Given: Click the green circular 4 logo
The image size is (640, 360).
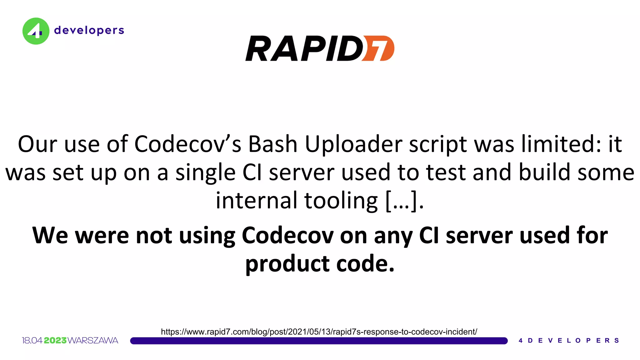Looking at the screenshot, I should [36, 31].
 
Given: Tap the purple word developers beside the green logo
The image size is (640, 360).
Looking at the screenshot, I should [89, 30].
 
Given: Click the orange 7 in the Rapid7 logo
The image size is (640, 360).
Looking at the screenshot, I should [379, 48].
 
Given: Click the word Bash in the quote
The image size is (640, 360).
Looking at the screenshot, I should [272, 144].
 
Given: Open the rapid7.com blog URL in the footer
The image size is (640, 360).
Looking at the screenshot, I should [319, 332].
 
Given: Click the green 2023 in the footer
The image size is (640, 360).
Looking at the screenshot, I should [55, 340].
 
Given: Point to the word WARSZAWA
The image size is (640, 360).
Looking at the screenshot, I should [93, 340].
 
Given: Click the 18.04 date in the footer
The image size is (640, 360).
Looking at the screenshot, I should [32, 340].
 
